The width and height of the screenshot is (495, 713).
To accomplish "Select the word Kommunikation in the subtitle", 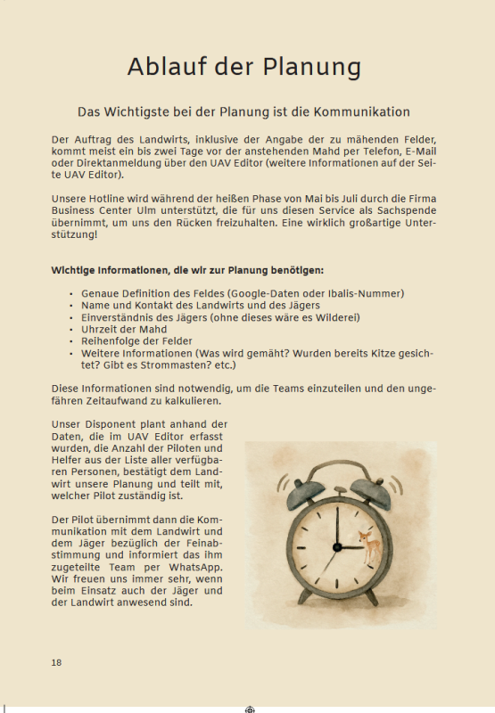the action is (359, 112).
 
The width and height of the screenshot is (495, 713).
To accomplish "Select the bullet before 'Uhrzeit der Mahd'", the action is (70, 330).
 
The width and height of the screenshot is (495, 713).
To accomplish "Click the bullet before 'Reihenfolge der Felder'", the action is (70, 341).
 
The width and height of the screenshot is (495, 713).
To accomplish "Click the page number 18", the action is (56, 662).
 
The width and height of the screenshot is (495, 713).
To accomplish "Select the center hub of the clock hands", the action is (338, 546).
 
